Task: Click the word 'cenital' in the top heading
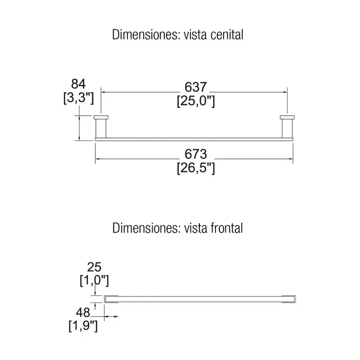click(227, 35)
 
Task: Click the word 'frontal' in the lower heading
click(226, 228)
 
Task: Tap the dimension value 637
click(196, 87)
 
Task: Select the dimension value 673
click(196, 154)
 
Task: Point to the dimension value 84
click(78, 84)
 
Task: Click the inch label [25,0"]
click(196, 101)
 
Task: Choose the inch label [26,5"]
click(196, 168)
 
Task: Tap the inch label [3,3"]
click(78, 98)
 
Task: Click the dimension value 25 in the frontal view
click(94, 267)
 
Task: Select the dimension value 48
click(83, 313)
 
